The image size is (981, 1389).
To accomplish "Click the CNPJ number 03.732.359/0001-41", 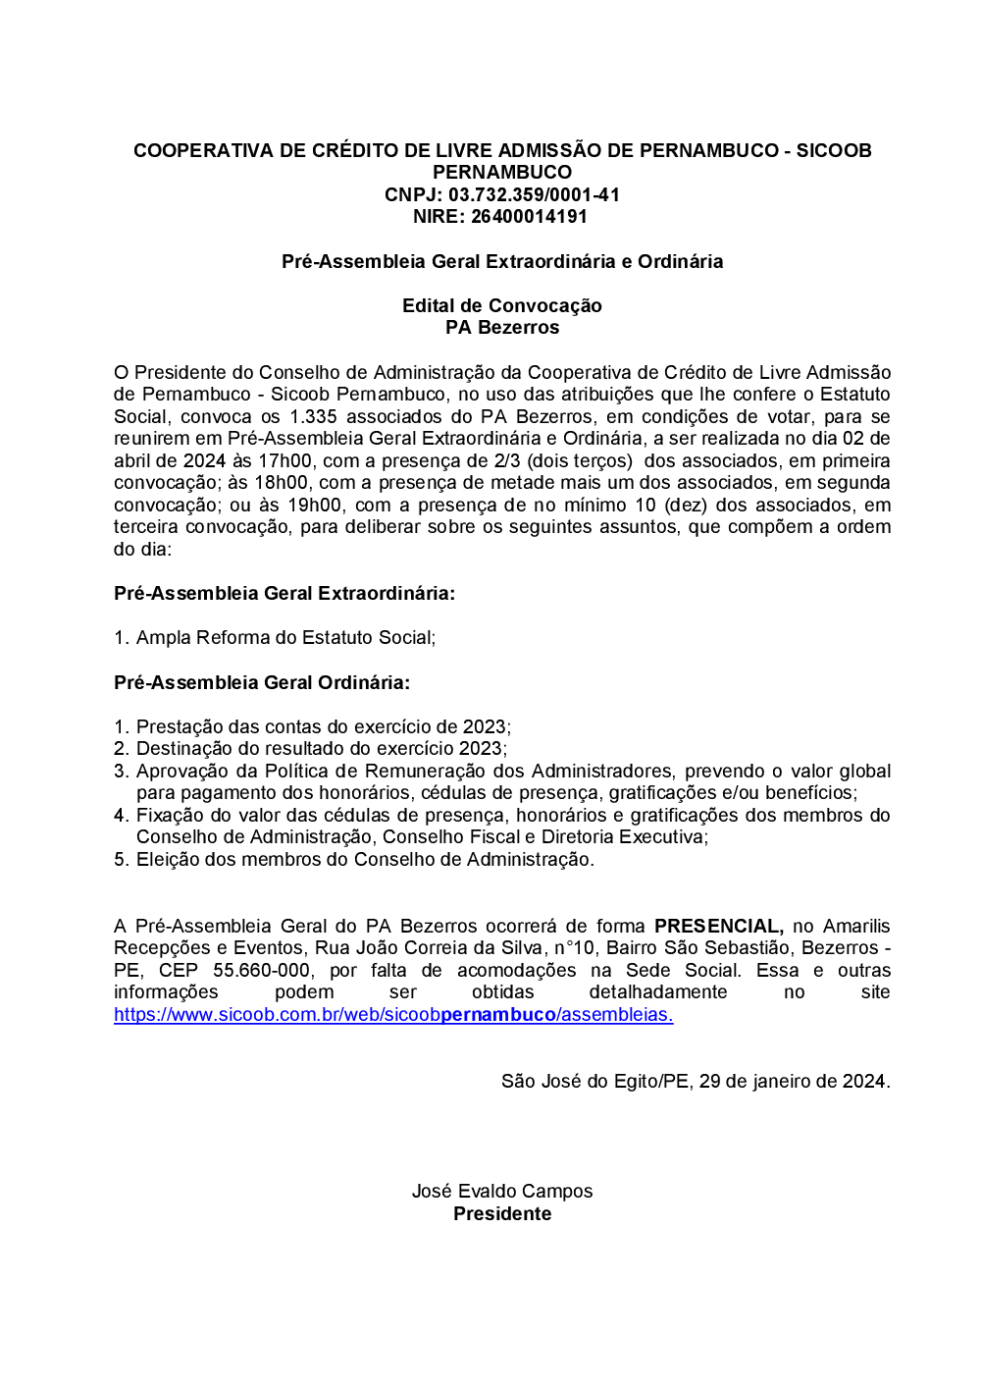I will coord(534,194).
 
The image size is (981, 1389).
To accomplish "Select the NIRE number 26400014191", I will coord(529,217).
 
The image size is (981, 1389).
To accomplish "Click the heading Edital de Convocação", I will coord(501,305).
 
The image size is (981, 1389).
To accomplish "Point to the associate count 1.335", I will coord(313,416).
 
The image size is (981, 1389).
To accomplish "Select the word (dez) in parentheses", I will coord(686,505).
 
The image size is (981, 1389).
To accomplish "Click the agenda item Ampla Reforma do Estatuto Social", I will coord(284,638).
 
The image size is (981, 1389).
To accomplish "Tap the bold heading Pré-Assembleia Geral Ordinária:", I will coord(262,682).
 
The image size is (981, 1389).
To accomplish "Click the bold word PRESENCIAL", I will coord(718,926).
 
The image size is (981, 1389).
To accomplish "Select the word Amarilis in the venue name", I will coord(855,926).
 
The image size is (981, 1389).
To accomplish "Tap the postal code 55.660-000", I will coord(261,970).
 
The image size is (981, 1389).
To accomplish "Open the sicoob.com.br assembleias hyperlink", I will coord(392,1015).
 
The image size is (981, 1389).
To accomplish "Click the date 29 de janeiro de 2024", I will coord(793,1082).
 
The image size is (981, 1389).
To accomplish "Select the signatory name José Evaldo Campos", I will coord(501,1192).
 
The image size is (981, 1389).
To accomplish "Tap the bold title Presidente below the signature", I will coord(501,1214).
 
